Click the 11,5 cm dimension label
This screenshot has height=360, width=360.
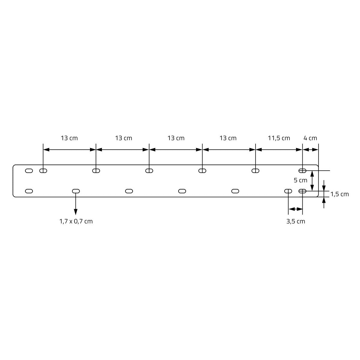pyautogui.click(x=279, y=138)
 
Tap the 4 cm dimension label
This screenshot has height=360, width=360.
pyautogui.click(x=310, y=138)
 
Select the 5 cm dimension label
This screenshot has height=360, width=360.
pyautogui.click(x=300, y=180)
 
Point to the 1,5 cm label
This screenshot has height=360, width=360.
pyautogui.click(x=340, y=194)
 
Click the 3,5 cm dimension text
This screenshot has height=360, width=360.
pyautogui.click(x=295, y=221)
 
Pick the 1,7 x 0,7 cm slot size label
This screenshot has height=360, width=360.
pyautogui.click(x=76, y=221)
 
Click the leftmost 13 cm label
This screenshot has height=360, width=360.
pyautogui.click(x=69, y=138)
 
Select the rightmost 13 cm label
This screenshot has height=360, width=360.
pyautogui.click(x=228, y=138)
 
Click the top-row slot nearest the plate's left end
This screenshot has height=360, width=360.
pyautogui.click(x=29, y=171)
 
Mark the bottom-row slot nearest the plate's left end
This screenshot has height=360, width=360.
pyautogui.click(x=29, y=191)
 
